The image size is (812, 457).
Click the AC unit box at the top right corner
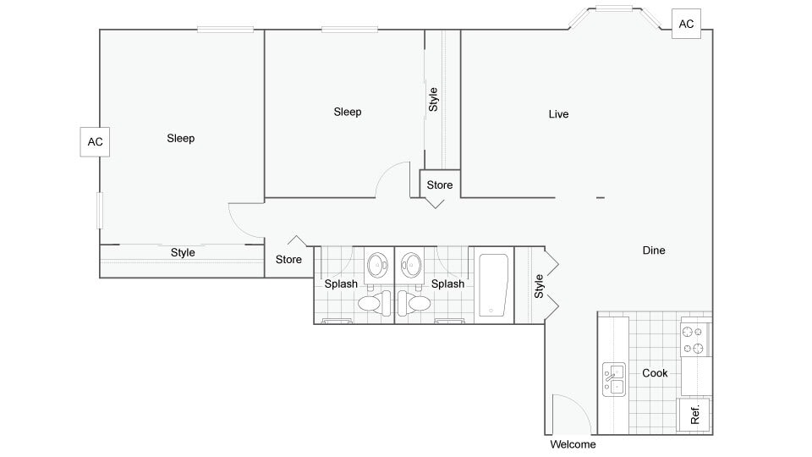point(686,24)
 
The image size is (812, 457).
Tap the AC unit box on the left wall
point(96,141)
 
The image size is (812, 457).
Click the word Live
point(558,114)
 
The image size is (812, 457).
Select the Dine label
point(654,251)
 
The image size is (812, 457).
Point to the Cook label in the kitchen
point(655,373)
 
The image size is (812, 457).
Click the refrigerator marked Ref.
point(695,416)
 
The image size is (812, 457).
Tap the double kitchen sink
point(614,380)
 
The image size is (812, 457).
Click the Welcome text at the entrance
point(573,444)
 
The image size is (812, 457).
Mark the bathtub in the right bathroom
point(492,286)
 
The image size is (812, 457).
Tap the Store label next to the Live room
point(439,184)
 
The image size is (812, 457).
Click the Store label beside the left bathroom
point(289,260)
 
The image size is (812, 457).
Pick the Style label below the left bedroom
point(183,252)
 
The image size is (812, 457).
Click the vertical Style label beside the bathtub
point(538,285)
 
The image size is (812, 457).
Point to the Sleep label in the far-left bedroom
point(181,138)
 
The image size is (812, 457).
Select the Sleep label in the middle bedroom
point(348,112)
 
